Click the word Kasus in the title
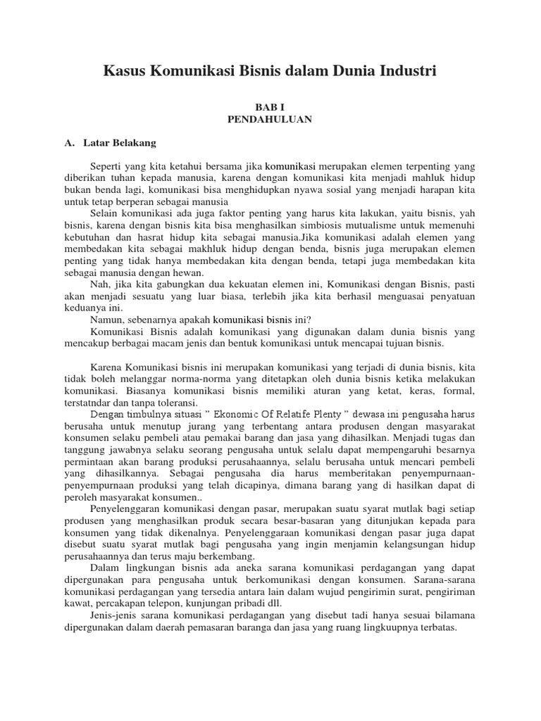125,70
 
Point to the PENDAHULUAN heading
270,119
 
